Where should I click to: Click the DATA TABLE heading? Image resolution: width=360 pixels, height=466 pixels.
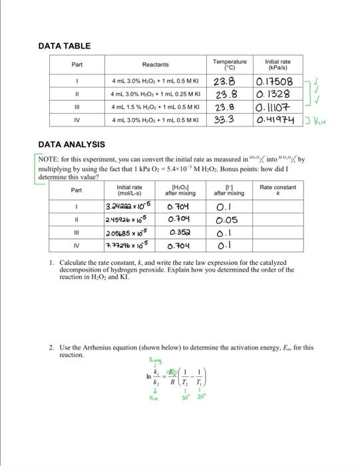click(x=65, y=46)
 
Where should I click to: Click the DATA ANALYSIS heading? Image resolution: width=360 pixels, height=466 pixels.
click(x=71, y=144)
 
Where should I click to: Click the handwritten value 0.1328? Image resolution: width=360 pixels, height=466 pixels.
click(x=275, y=95)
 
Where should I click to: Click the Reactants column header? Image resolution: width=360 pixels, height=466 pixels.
click(x=155, y=65)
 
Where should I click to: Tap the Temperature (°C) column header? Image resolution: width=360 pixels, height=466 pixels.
click(x=229, y=64)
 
